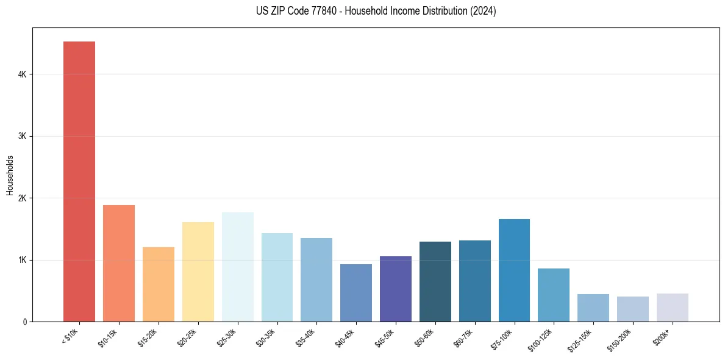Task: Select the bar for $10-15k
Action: (119, 263)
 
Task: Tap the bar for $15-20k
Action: (159, 284)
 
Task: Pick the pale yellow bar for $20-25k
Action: (198, 272)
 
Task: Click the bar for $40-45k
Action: (356, 293)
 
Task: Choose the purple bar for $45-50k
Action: (396, 289)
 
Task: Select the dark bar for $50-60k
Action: (435, 281)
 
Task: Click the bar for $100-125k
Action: (554, 295)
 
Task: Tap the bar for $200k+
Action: (673, 308)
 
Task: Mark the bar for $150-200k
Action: (633, 309)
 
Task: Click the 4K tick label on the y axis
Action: (23, 74)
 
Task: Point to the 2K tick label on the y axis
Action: (23, 198)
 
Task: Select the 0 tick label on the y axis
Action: (25, 322)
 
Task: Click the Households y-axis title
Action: (10, 175)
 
